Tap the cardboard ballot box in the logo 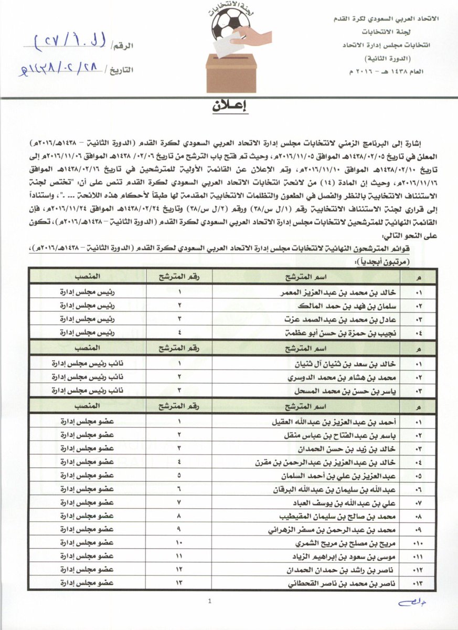[x=231, y=73]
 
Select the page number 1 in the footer [x=209, y=602]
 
